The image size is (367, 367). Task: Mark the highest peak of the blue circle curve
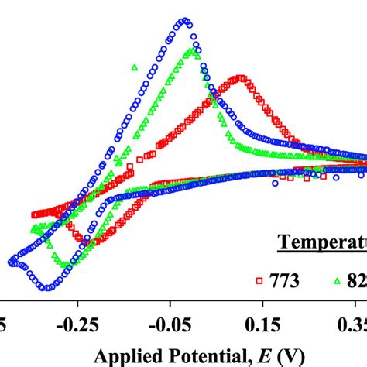[x=184, y=21]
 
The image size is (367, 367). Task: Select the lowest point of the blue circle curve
[x=48, y=287]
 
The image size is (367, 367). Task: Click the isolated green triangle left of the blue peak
[x=135, y=67]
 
